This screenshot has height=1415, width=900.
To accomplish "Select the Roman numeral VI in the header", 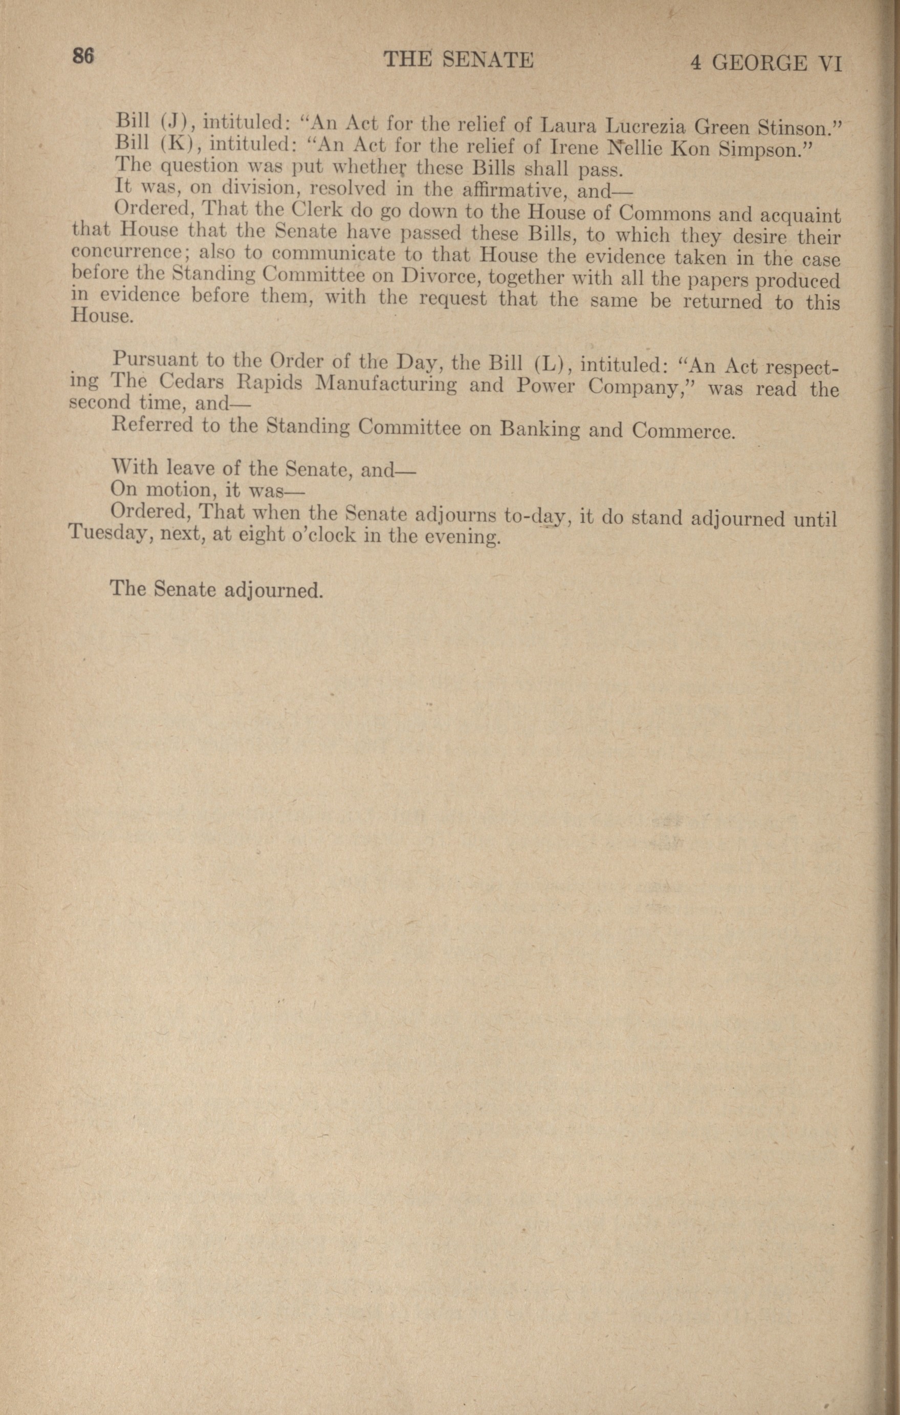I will [x=830, y=63].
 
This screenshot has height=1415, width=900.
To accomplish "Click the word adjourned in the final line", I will [x=274, y=589].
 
